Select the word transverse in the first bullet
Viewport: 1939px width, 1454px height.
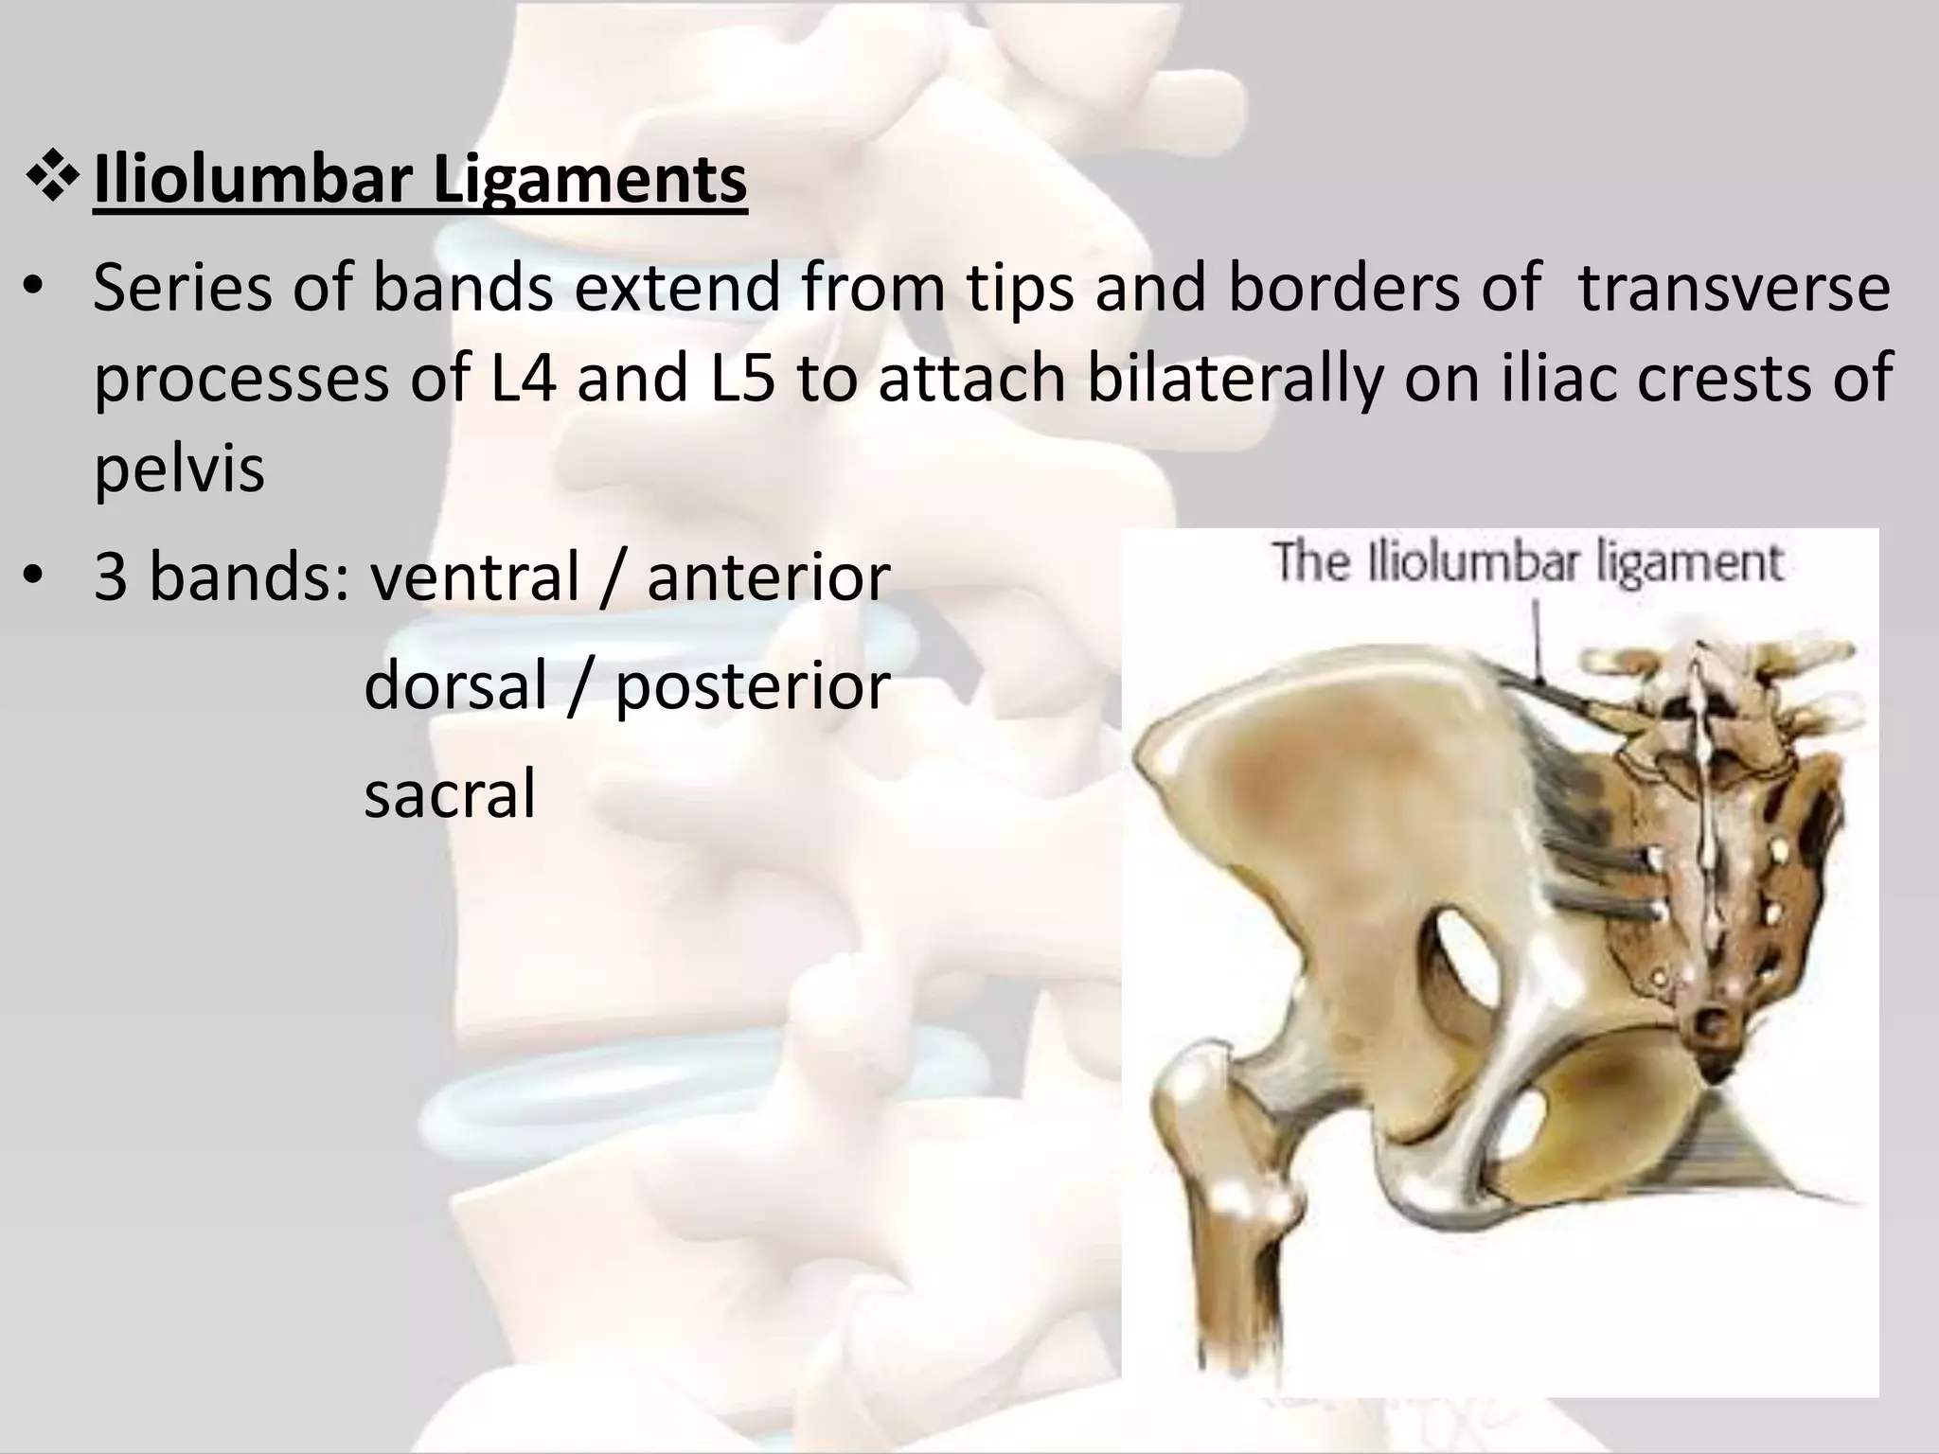[1734, 288]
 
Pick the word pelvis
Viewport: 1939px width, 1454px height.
[179, 468]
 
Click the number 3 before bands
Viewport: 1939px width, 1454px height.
[110, 577]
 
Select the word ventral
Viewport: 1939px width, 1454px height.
[474, 577]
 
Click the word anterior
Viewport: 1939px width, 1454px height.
[768, 577]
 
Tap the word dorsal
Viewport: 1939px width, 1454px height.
[455, 685]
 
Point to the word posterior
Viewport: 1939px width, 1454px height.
[753, 685]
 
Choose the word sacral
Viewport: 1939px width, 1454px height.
[450, 793]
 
